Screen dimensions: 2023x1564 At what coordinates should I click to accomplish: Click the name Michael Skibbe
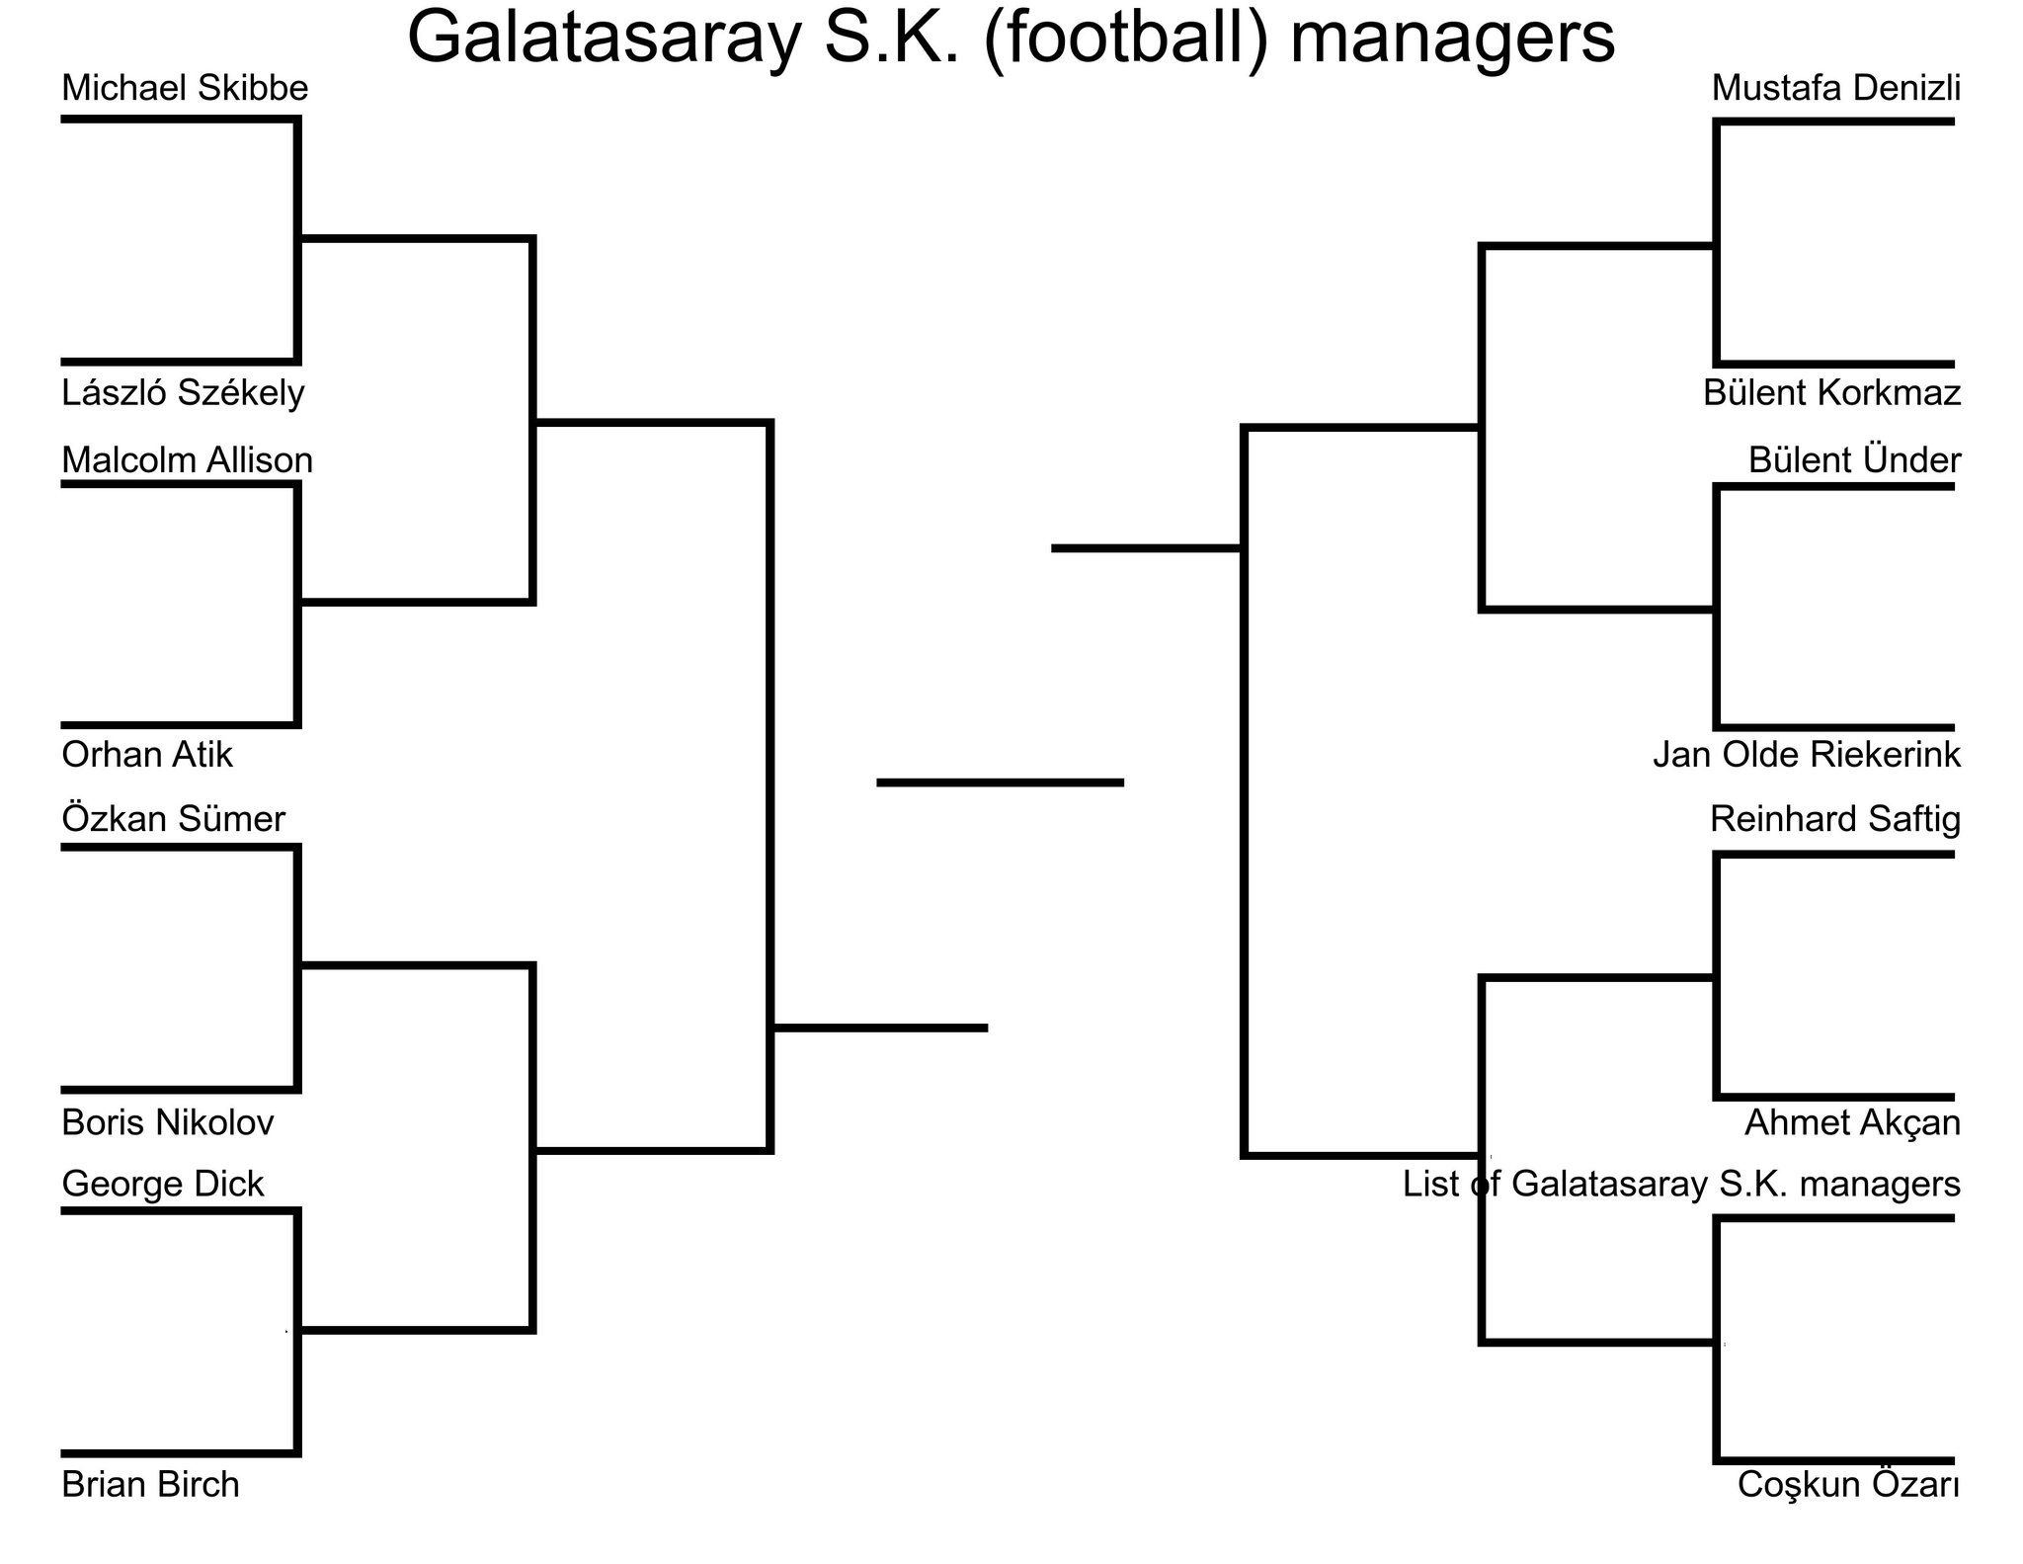pos(185,89)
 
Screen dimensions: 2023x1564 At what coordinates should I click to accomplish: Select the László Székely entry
pos(183,393)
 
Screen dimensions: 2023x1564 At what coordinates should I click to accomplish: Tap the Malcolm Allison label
pos(187,460)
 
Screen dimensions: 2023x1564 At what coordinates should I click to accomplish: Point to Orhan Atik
pos(147,755)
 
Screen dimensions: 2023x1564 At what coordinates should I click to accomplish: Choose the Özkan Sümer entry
pos(173,819)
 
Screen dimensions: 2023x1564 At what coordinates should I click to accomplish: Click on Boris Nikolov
pos(167,1122)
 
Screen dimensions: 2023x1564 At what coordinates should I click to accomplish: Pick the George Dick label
pos(163,1184)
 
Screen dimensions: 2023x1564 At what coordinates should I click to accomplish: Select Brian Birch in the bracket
pos(150,1484)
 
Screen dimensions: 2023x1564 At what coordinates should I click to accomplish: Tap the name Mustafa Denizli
pos(1835,89)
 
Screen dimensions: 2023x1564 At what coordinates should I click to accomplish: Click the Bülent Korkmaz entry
pos(1831,393)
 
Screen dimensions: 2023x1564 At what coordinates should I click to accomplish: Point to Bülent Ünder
pos(1854,460)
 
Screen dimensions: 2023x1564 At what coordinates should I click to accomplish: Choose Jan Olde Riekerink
pos(1807,755)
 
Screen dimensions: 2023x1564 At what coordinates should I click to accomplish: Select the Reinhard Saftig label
pos(1834,819)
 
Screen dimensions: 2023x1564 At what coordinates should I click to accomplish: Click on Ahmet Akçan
pos(1852,1122)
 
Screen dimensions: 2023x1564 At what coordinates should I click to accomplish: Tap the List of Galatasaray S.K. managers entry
pos(1681,1184)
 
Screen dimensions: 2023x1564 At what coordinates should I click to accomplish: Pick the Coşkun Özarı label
pos(1848,1484)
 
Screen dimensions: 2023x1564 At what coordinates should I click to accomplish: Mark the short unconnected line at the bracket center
pos(1000,782)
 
